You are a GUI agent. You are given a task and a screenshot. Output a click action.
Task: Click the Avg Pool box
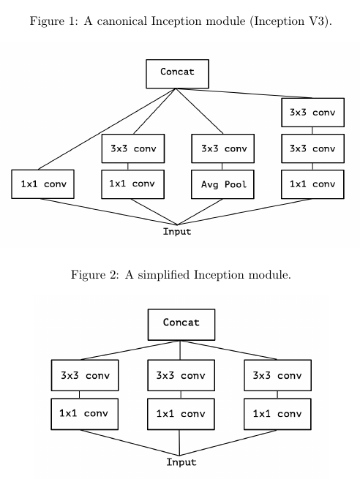pyautogui.click(x=222, y=184)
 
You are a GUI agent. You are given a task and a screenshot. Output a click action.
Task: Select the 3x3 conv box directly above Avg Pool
pyautogui.click(x=222, y=148)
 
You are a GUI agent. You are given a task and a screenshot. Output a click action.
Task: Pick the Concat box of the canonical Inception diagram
pyautogui.click(x=178, y=74)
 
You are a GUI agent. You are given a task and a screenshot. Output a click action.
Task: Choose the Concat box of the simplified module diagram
pyautogui.click(x=181, y=325)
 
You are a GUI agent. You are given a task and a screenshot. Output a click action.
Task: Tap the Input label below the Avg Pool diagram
pyautogui.click(x=177, y=232)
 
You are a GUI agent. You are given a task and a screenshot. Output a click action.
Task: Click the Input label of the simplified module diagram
pyautogui.click(x=181, y=462)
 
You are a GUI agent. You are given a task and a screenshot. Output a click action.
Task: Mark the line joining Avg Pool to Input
pyautogui.click(x=200, y=211)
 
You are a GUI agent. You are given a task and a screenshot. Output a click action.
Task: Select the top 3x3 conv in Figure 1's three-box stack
pyautogui.click(x=312, y=113)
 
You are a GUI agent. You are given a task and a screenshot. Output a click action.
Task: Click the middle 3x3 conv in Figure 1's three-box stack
pyautogui.click(x=312, y=148)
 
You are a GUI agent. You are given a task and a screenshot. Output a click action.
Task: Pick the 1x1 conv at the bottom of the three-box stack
pyautogui.click(x=312, y=184)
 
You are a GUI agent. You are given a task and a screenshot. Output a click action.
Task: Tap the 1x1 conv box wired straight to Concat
pyautogui.click(x=42, y=184)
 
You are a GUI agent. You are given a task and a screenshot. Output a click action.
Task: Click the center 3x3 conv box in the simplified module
pyautogui.click(x=181, y=375)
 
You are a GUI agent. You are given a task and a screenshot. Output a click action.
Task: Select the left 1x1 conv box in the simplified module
pyautogui.click(x=85, y=414)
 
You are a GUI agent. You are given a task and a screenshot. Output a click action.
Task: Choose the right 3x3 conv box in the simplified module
pyautogui.click(x=277, y=375)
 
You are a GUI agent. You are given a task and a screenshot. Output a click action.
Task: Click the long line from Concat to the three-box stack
pyautogui.click(x=244, y=93)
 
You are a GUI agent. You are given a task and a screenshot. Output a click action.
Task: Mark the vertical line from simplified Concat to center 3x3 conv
pyautogui.click(x=180, y=350)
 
